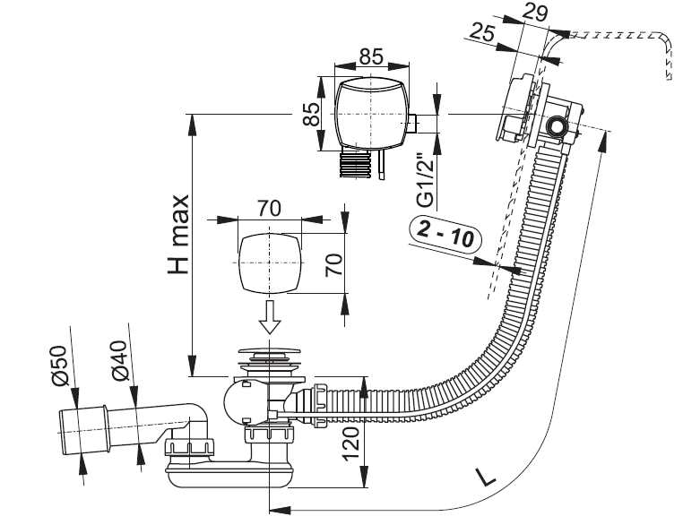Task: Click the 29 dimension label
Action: (x=535, y=12)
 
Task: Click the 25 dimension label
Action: (x=483, y=33)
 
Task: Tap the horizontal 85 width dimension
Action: (x=372, y=56)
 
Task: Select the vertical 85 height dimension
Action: (x=311, y=114)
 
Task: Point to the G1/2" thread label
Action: (x=426, y=180)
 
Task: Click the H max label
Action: (x=179, y=235)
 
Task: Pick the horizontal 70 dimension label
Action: (x=269, y=209)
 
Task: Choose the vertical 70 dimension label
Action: (x=334, y=264)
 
